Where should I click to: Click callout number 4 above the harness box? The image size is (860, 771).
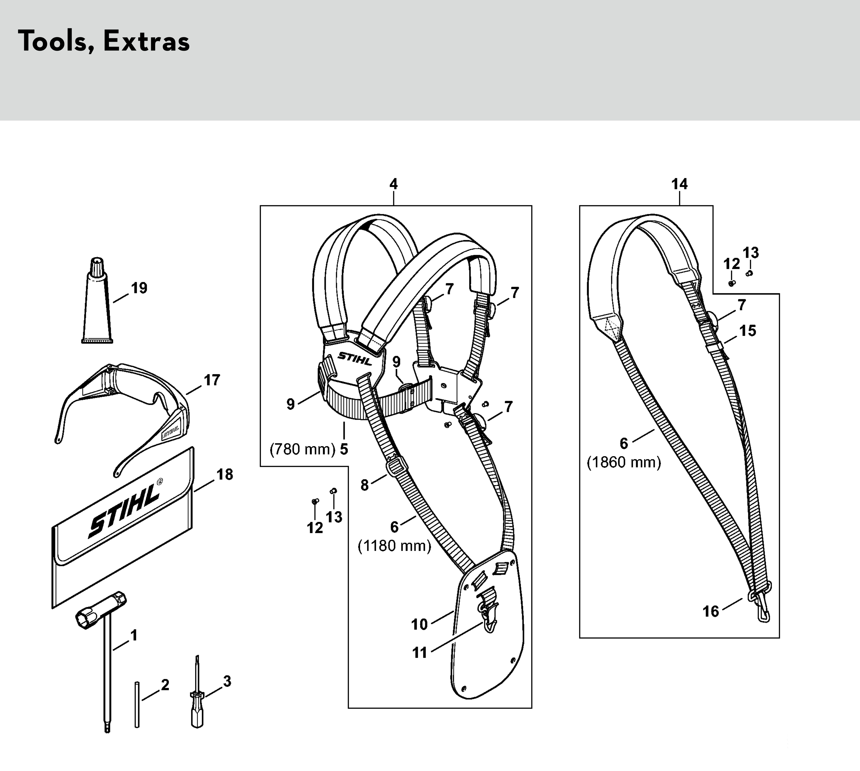click(x=394, y=184)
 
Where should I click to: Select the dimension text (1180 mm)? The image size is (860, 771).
click(x=394, y=546)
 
